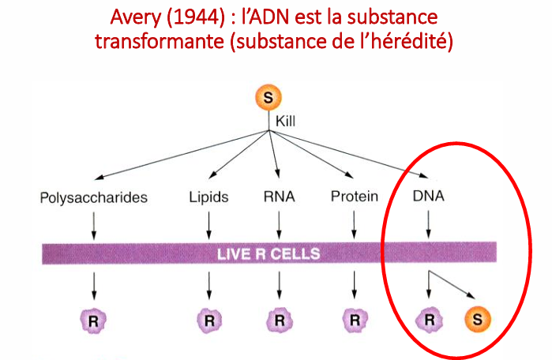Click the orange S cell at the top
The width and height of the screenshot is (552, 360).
pyautogui.click(x=268, y=99)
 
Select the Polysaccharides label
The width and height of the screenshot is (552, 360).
pyautogui.click(x=93, y=197)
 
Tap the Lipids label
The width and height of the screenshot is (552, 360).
pyautogui.click(x=208, y=197)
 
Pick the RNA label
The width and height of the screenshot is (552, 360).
pyautogui.click(x=279, y=197)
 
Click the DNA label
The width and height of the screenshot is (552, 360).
pyautogui.click(x=428, y=197)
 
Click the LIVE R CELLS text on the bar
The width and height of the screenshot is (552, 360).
pyautogui.click(x=268, y=253)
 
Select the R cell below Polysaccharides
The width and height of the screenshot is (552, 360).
pyautogui.click(x=93, y=320)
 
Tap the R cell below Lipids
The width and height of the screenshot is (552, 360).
pyautogui.click(x=208, y=320)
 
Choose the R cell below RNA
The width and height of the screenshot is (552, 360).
pyautogui.click(x=279, y=320)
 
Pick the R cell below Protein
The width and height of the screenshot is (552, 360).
pyautogui.click(x=355, y=320)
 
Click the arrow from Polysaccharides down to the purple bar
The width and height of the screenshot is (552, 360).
pyautogui.click(x=93, y=224)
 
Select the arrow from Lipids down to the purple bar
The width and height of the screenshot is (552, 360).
pyautogui.click(x=208, y=224)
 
